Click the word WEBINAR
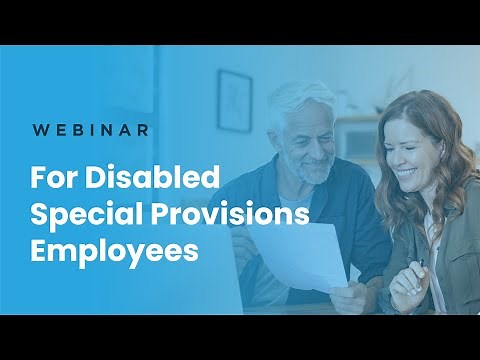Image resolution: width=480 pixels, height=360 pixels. pos(91,130)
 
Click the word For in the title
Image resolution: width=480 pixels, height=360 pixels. pos(54,180)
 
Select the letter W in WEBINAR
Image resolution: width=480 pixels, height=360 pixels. pos(39,130)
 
